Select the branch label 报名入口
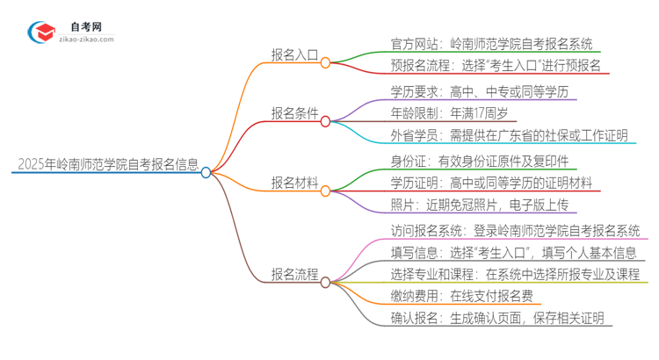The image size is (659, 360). pos(294,54)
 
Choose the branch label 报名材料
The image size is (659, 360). pos(294,182)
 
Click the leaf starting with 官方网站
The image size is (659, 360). pos(491,42)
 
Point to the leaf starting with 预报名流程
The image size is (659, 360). pos(496,65)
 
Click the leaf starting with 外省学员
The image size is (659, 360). pos(509,134)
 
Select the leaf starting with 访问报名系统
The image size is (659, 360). pos(515,230)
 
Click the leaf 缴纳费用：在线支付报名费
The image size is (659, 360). pos(460,296)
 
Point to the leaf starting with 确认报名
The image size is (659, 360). pos(496,319)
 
